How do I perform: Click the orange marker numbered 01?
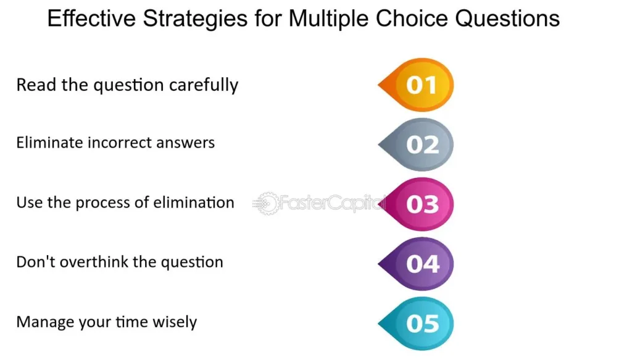click(x=417, y=85)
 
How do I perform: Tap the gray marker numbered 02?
click(x=417, y=144)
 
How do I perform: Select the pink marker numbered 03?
click(x=417, y=204)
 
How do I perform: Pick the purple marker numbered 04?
click(x=417, y=264)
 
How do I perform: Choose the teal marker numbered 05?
click(x=417, y=324)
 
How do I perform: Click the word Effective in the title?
click(x=91, y=19)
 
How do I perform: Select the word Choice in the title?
click(x=412, y=19)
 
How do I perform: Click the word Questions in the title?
click(x=507, y=19)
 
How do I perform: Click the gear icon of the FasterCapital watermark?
click(x=267, y=203)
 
